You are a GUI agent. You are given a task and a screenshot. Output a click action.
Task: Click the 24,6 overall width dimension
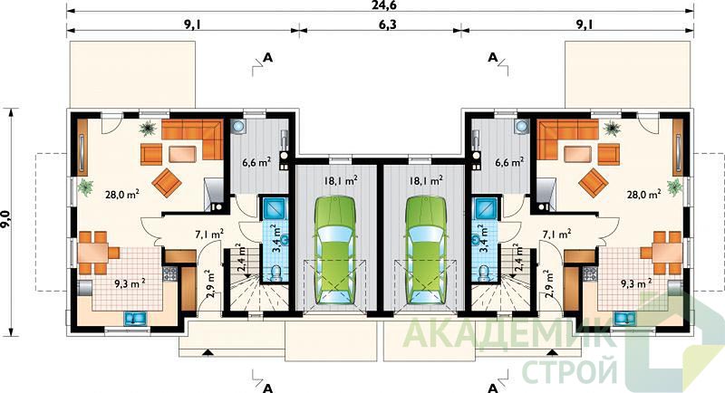[x=381, y=5]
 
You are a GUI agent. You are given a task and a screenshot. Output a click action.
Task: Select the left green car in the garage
[x=335, y=250]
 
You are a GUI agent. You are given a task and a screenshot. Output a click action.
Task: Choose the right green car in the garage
[x=425, y=250]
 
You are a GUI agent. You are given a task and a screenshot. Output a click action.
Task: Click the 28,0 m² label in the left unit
[x=122, y=195]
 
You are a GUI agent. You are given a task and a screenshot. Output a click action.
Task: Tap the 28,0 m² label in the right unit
[x=643, y=195]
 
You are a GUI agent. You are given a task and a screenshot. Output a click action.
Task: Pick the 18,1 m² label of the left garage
[x=340, y=180]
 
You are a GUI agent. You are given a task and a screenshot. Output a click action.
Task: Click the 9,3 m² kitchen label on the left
[x=130, y=283]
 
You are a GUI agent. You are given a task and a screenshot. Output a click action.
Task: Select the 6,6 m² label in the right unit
[x=509, y=162]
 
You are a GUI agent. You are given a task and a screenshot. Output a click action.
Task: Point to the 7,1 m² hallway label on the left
[x=209, y=234]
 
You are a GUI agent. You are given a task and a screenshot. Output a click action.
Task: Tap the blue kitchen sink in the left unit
[x=135, y=318]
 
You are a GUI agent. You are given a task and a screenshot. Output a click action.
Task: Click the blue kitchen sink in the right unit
[x=625, y=318]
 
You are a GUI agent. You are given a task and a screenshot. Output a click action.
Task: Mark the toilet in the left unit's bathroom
[x=276, y=273]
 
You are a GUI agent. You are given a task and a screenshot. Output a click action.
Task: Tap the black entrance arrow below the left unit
[x=208, y=353]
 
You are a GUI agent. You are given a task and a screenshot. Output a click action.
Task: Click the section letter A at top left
[x=267, y=58]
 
